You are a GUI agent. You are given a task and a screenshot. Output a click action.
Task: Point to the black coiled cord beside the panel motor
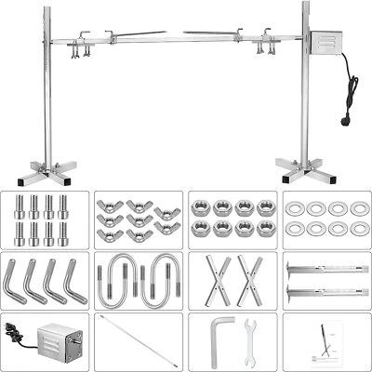[x=17, y=329]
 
